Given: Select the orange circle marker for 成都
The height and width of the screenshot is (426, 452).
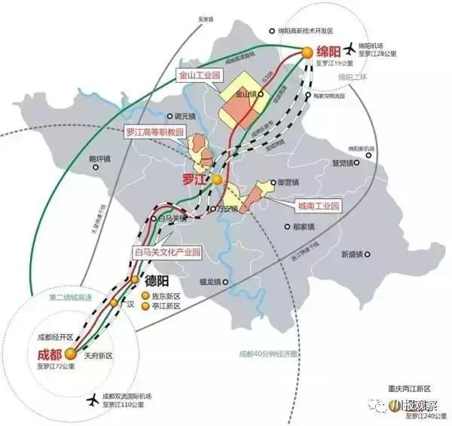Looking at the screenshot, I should pos(70,352).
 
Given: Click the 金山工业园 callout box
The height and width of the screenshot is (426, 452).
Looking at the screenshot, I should pos(197,75).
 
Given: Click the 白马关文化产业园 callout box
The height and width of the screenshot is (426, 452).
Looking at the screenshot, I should pos(168,251).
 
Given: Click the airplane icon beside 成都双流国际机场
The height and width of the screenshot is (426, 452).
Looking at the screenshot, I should pos(92,399).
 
